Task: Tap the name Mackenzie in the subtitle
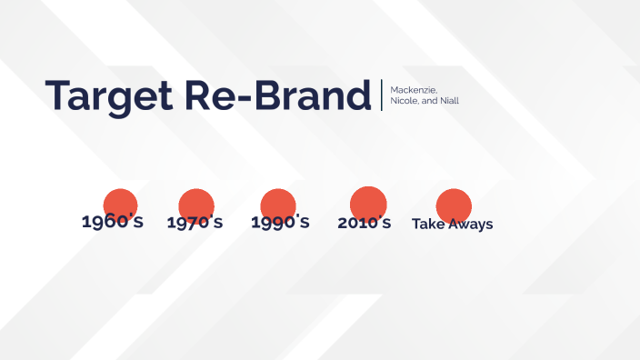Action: [x=413, y=89]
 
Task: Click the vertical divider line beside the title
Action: [x=382, y=95]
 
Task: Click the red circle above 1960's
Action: [x=120, y=205]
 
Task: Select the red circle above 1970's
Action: [x=195, y=205]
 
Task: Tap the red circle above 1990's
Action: [x=278, y=205]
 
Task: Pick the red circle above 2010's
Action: [x=368, y=203]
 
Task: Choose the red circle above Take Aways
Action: [x=454, y=205]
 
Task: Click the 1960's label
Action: [x=113, y=222]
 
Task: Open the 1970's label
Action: [x=195, y=223]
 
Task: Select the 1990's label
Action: [x=280, y=223]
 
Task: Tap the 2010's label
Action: [x=364, y=223]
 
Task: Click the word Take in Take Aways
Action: [x=428, y=224]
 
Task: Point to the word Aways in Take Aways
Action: [x=471, y=224]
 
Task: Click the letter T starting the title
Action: [x=57, y=95]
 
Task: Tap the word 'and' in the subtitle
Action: [x=428, y=101]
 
